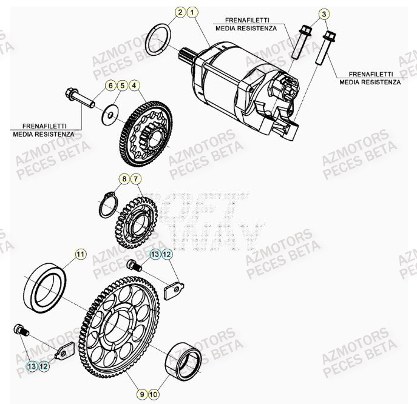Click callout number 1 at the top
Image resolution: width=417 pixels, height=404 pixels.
[x=192, y=12]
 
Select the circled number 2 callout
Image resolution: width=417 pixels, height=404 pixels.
[x=180, y=12]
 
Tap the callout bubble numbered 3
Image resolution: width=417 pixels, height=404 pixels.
[x=324, y=14]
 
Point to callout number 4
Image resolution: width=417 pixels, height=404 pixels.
[x=134, y=86]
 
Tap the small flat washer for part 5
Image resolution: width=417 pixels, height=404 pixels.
[x=110, y=113]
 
